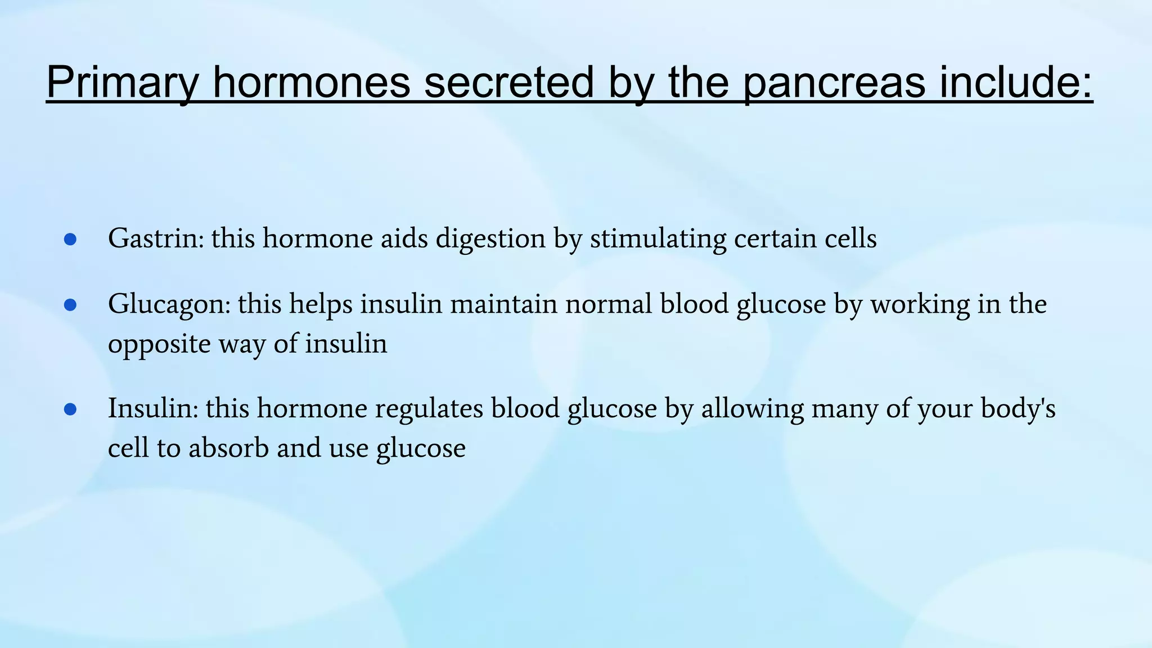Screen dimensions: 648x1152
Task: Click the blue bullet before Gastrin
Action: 70,240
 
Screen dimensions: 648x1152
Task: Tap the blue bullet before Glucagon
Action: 70,305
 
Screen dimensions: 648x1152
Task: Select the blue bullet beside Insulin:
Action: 70,409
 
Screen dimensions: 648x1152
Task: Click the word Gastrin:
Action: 156,238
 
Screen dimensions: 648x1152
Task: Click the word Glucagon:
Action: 169,304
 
